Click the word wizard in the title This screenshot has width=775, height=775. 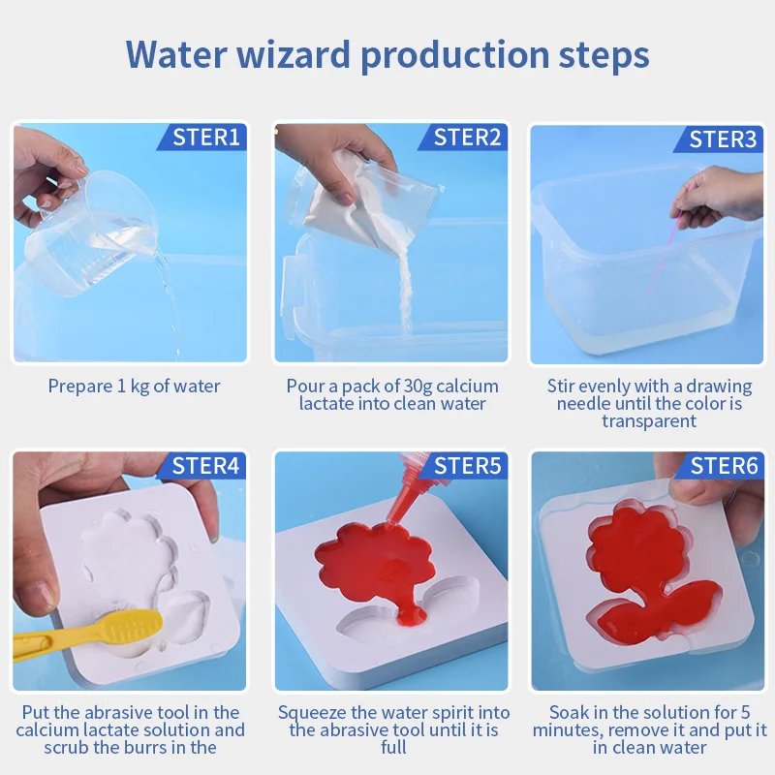294,54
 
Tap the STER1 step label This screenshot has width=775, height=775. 206,137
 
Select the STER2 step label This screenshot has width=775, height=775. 467,137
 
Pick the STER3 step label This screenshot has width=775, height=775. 723,139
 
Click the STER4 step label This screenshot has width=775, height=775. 205,466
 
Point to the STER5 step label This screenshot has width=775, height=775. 467,466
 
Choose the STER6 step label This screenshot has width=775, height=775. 724,466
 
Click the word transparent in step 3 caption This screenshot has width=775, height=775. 649,421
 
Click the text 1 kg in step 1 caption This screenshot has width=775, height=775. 134,386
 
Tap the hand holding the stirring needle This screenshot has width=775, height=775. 717,197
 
